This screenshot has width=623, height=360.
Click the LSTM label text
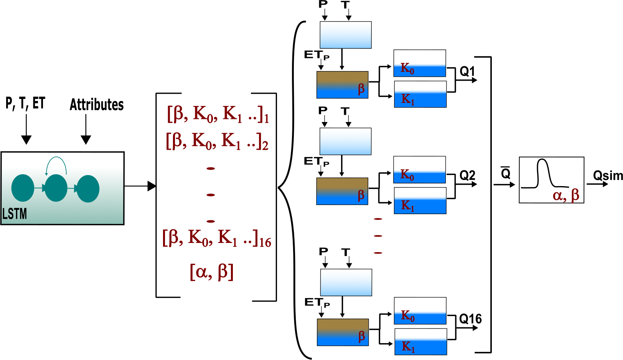pyautogui.click(x=15, y=214)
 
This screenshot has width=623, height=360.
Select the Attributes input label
pyautogui.click(x=97, y=105)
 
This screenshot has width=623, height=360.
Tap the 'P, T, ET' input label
pyautogui.click(x=25, y=103)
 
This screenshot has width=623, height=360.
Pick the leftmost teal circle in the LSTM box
pyautogui.click(x=23, y=188)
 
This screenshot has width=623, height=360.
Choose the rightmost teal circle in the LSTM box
pyautogui.click(x=88, y=188)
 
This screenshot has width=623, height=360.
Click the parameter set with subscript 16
pyautogui.click(x=216, y=239)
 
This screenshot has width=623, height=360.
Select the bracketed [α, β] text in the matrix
pyautogui.click(x=211, y=272)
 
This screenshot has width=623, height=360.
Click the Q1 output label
pyautogui.click(x=467, y=71)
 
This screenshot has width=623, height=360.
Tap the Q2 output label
pyautogui.click(x=467, y=176)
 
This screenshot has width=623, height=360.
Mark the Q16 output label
pyautogui.click(x=470, y=319)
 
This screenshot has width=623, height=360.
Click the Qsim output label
pyautogui.click(x=608, y=176)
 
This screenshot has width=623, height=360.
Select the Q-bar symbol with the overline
pyautogui.click(x=506, y=173)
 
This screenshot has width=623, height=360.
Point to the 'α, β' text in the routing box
pyautogui.click(x=565, y=195)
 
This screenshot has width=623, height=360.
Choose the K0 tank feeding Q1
pyautogui.click(x=420, y=63)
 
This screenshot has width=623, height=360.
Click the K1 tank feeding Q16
pyautogui.click(x=421, y=342)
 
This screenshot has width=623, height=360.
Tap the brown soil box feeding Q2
pyautogui.click(x=342, y=191)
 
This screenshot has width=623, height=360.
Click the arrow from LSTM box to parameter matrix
pyautogui.click(x=140, y=186)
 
